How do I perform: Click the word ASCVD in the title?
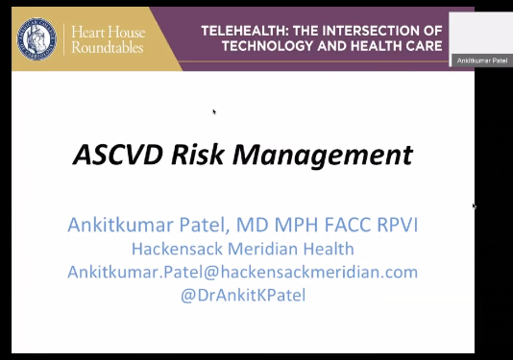(x=112, y=154)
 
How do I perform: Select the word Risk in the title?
(x=193, y=154)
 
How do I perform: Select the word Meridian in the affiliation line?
(x=266, y=248)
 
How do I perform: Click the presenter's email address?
(x=242, y=272)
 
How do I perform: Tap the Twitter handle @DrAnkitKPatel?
(x=242, y=295)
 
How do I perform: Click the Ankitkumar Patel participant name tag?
(x=480, y=60)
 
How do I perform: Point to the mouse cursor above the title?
(x=214, y=111)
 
